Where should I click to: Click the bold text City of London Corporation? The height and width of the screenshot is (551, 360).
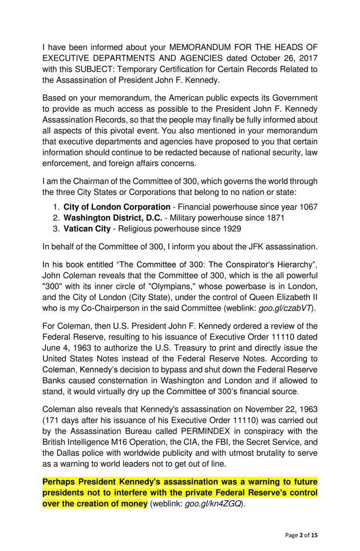[117, 207]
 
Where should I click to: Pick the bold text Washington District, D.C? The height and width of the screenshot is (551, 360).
[113, 218]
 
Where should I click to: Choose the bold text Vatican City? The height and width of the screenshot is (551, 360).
[87, 228]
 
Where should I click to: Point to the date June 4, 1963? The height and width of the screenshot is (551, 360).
[65, 348]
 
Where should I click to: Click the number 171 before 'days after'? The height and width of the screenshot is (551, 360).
[52, 420]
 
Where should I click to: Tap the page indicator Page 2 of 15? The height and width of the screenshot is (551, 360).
[301, 535]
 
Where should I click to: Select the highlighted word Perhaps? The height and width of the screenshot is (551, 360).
[58, 482]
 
